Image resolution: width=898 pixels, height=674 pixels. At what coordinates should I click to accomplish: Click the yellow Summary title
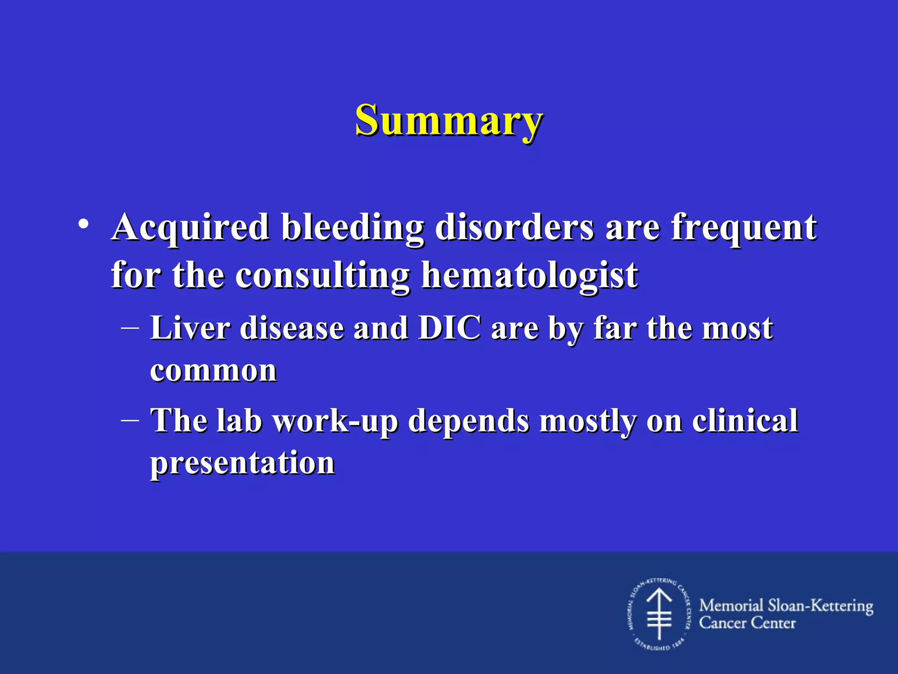[x=449, y=121]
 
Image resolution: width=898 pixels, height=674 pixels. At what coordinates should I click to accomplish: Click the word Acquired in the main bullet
[x=190, y=228]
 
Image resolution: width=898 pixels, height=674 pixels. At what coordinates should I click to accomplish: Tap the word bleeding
[x=353, y=228]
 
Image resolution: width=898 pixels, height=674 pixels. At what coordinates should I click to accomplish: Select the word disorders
[x=514, y=228]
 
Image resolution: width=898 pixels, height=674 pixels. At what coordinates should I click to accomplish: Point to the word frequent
[x=744, y=228]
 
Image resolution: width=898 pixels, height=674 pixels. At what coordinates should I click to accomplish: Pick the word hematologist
[x=529, y=276]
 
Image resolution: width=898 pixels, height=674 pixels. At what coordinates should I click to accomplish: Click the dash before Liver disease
[x=130, y=327]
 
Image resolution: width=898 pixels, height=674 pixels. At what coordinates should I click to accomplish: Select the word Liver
[x=190, y=328]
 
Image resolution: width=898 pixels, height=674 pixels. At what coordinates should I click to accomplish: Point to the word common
[x=213, y=371]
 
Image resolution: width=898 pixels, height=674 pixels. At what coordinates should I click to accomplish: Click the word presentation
[x=242, y=463]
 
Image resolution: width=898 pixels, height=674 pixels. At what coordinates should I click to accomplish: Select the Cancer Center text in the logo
[x=747, y=623]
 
